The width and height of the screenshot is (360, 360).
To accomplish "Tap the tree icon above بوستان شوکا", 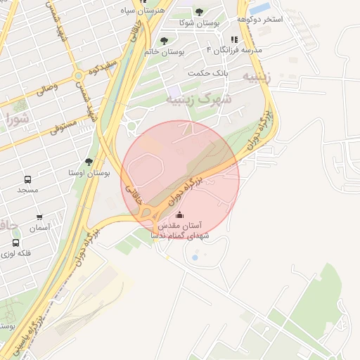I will pos(199,12).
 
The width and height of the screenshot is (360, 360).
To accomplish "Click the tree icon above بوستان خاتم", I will pos(164,41).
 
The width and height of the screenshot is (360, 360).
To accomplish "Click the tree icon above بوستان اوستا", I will pos(88,161).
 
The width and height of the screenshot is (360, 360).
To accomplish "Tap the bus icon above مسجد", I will pos(27,180).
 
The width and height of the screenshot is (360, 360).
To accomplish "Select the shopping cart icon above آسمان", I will pos(39,217).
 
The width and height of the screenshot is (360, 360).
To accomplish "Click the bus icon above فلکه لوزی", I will pos(15,243).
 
